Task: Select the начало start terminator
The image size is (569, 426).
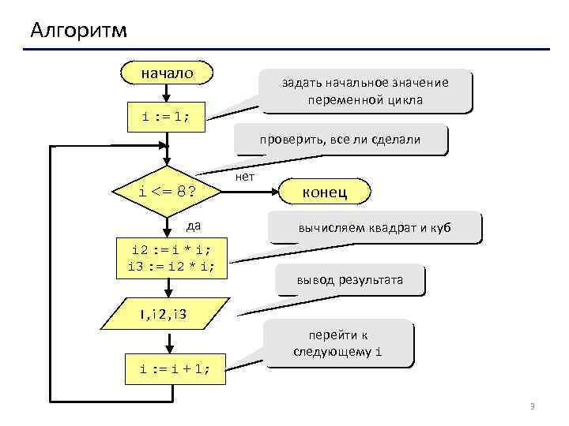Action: (x=167, y=73)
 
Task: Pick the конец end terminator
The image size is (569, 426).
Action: (x=325, y=192)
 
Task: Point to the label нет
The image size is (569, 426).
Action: (x=245, y=177)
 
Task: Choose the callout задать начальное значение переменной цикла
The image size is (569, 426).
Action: (x=365, y=92)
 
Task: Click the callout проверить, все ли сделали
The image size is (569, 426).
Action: (x=341, y=140)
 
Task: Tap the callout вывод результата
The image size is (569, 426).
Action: (x=350, y=280)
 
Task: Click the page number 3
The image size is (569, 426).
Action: (x=532, y=406)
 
